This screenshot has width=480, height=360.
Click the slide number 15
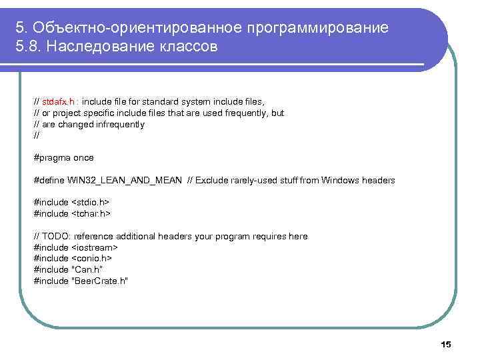[x=446, y=344]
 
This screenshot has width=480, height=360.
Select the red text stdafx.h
[x=58, y=102]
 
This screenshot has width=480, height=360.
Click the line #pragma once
[x=63, y=158]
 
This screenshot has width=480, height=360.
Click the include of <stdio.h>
[x=71, y=203]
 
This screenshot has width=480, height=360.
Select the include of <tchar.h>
[x=72, y=214]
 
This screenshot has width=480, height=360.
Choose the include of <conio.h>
[x=73, y=259]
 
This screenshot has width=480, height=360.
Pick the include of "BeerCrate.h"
[x=80, y=281]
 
